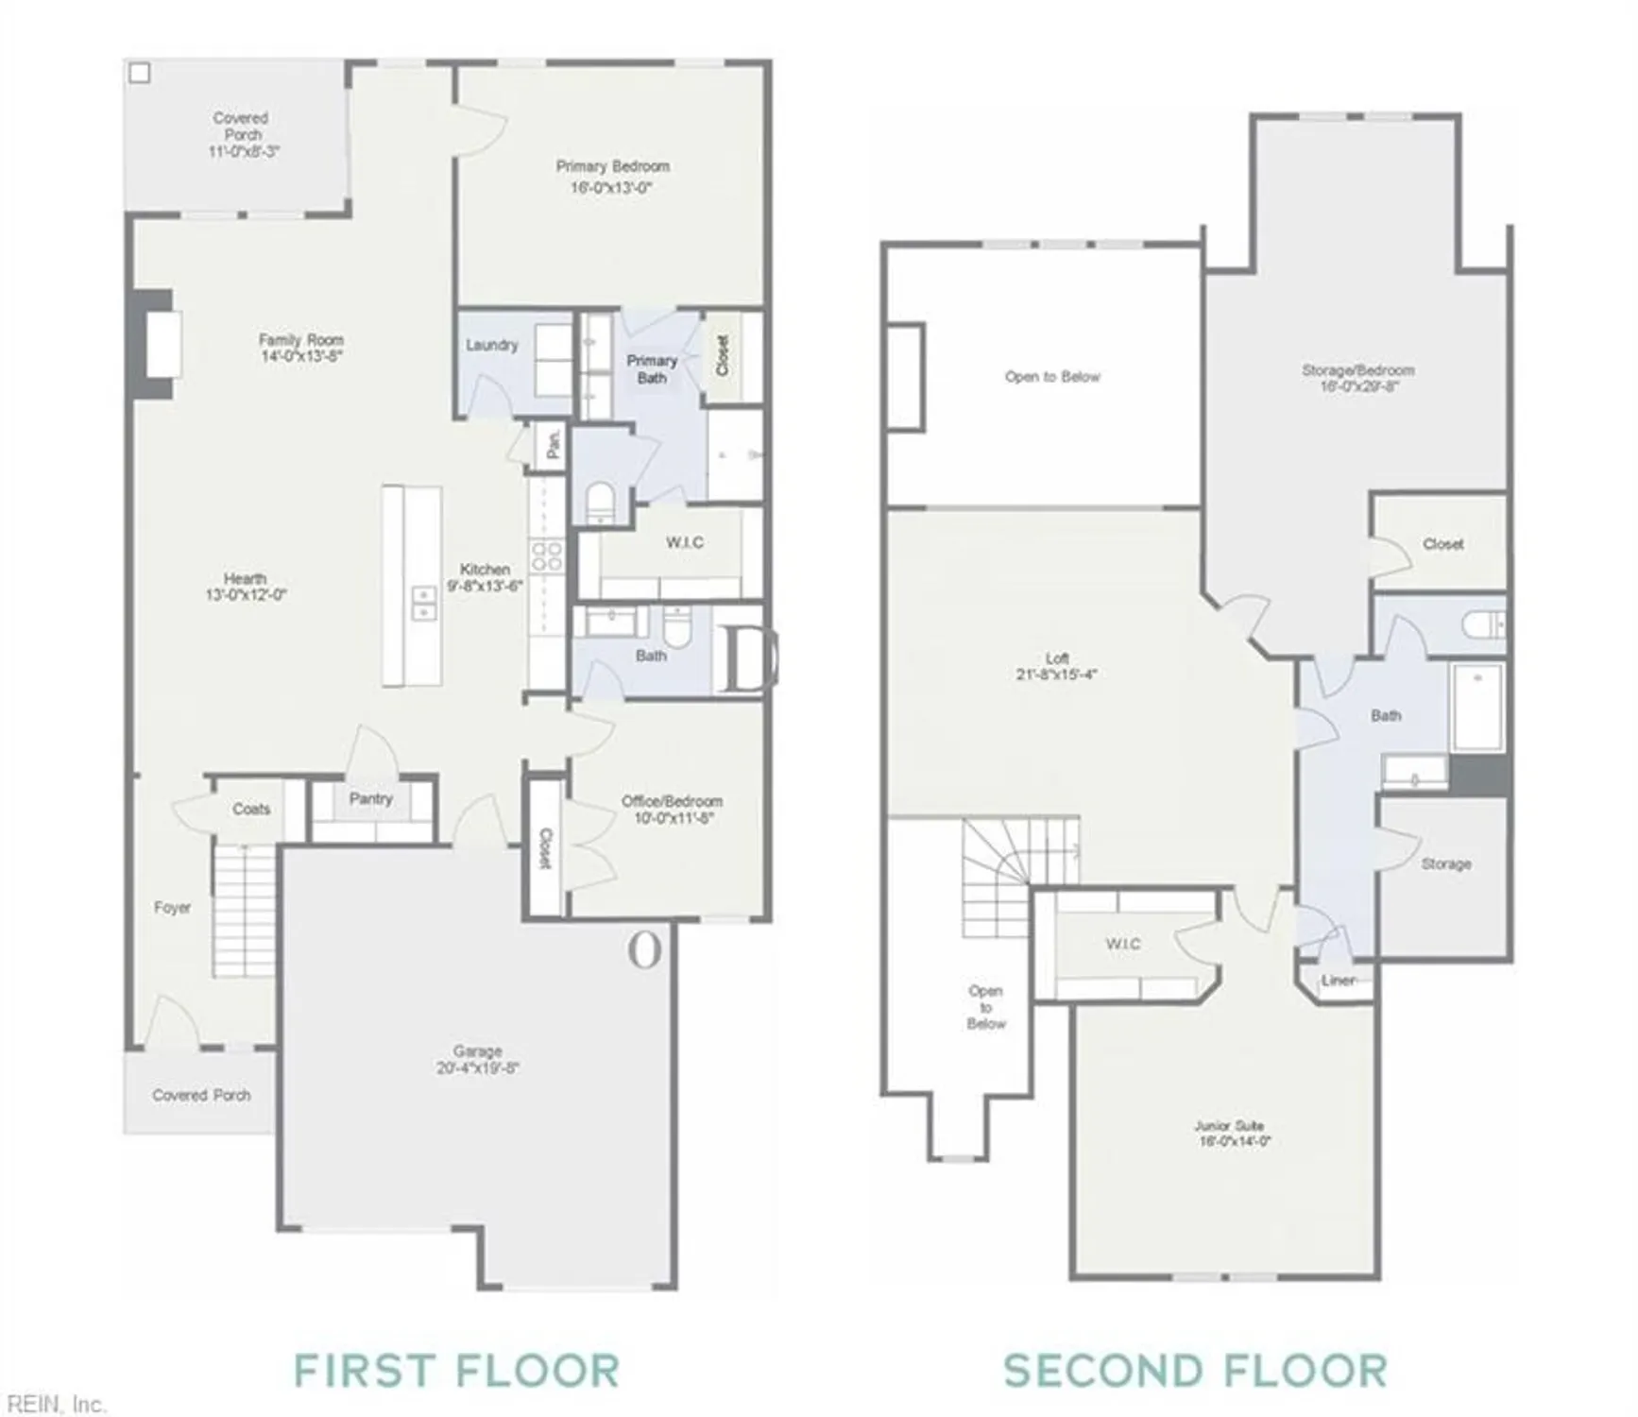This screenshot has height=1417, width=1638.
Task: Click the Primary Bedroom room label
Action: [x=612, y=166]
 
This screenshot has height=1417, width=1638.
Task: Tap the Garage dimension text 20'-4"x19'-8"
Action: [x=477, y=1068]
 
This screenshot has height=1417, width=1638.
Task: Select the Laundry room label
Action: [x=491, y=345]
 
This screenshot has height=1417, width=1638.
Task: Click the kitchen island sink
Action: [x=423, y=603]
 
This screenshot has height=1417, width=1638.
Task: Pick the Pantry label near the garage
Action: [x=370, y=799]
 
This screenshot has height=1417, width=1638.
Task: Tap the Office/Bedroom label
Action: [x=672, y=801]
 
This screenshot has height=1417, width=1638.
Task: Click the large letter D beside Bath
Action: [x=748, y=660]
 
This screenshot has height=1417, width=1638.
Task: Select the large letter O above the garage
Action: [x=644, y=950]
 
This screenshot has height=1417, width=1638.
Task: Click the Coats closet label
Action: [x=251, y=809]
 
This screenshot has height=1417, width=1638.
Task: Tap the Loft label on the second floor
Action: [x=1057, y=658]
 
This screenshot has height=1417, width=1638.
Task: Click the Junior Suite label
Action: [x=1229, y=1126]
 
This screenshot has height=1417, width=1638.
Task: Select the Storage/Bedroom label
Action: [x=1357, y=370]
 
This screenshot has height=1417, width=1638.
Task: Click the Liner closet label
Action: [x=1339, y=981]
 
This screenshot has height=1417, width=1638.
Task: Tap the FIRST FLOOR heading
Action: [x=456, y=1371]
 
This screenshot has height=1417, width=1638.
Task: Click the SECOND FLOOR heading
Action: [x=1195, y=1371]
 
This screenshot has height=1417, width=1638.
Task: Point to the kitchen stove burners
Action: [x=546, y=556]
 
